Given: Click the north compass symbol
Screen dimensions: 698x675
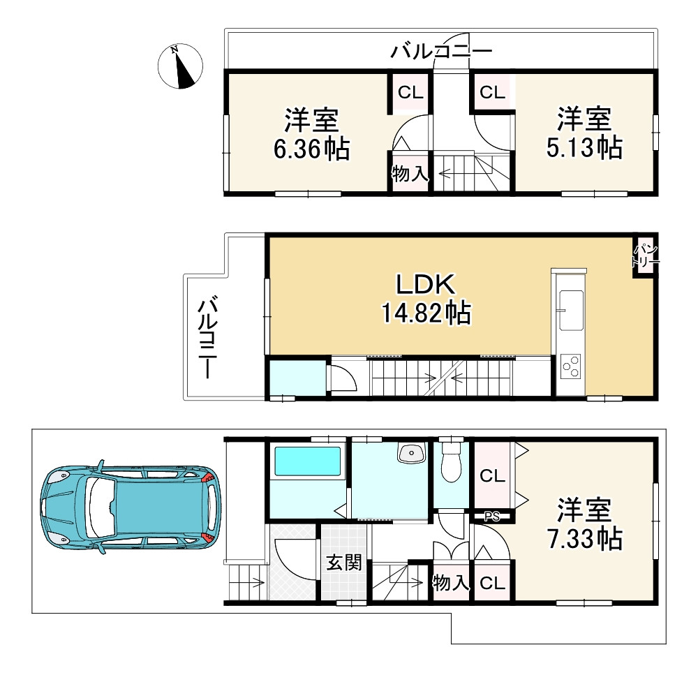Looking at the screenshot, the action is point(180,66).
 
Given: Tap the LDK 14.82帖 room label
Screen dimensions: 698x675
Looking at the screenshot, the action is point(426,299).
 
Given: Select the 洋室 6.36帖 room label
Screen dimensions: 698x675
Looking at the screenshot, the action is point(311,134).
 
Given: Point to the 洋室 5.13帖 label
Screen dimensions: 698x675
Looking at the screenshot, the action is point(584,133).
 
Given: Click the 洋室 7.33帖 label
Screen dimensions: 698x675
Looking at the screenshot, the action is point(584,524).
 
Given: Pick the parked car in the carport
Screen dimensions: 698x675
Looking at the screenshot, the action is point(131,507).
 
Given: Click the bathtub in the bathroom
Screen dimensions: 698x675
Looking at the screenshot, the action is point(308,462).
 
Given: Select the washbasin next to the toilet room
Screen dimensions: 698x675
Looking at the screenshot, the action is point(411,454).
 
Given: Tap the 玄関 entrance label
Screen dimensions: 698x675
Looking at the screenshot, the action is point(344,563).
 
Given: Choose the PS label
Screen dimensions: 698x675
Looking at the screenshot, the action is point(492,517).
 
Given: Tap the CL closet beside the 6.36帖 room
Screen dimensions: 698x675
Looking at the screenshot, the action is point(410,93).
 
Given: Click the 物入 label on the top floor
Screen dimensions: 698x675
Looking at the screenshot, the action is point(410,173).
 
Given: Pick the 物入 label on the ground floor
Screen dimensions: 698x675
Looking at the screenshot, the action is point(451,582).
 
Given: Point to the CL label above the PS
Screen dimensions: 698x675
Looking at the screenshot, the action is point(492,476).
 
